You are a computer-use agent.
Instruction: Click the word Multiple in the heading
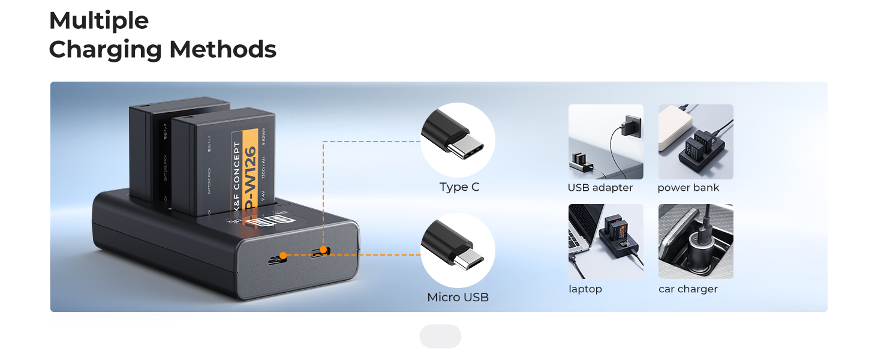tap(99, 21)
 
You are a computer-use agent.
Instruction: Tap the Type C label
tap(459, 187)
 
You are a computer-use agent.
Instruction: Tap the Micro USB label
tap(458, 297)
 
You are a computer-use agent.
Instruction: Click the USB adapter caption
tap(600, 188)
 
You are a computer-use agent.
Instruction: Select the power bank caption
tap(688, 188)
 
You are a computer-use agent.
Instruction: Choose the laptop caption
tap(585, 289)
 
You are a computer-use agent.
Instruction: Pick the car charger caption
tap(688, 289)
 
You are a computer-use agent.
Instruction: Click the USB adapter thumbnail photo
tap(606, 142)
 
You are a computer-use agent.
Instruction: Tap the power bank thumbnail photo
tap(696, 142)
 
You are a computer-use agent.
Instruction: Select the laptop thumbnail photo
tap(606, 241)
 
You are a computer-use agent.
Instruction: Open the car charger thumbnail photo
tap(696, 241)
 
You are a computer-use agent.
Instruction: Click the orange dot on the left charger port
tap(283, 256)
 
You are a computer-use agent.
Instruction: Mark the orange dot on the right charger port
tap(323, 250)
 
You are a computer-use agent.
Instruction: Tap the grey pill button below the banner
tap(440, 337)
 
